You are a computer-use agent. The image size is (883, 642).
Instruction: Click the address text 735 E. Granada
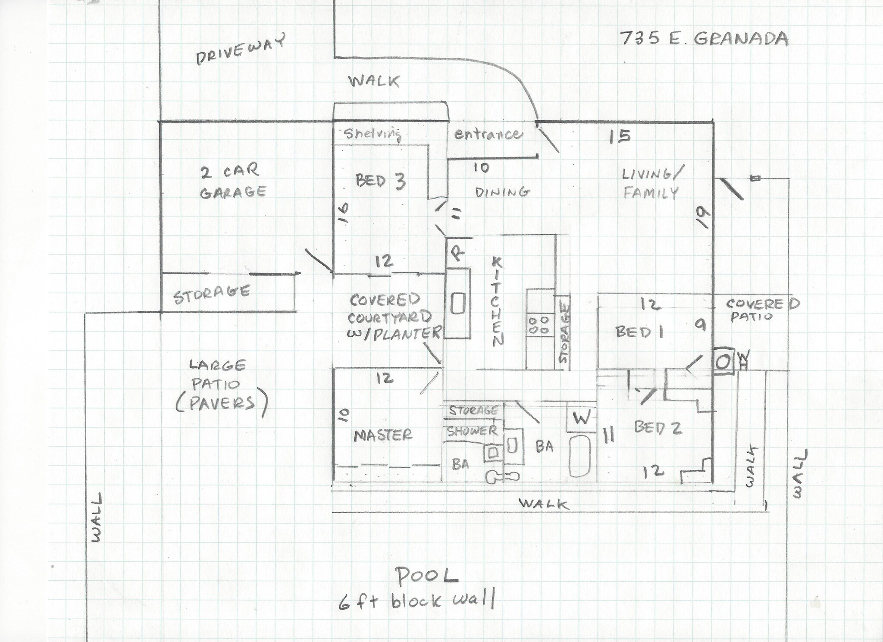point(704,39)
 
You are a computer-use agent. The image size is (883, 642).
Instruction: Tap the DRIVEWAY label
point(241,50)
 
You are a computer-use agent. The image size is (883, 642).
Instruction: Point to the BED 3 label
point(381,181)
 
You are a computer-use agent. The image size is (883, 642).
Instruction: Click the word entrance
point(487,135)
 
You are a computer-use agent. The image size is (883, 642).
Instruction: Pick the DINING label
point(502,192)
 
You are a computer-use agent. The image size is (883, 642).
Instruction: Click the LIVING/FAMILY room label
point(652,183)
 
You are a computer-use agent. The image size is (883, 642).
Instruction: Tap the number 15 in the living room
point(620,136)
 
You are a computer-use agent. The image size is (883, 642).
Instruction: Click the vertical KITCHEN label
point(497,302)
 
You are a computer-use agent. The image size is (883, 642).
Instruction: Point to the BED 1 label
point(639,332)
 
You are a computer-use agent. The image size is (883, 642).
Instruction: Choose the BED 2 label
point(658,427)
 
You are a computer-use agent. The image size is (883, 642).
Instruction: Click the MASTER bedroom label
point(383,435)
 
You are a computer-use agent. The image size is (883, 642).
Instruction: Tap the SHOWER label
point(472,431)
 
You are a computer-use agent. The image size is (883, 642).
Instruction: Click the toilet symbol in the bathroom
point(502,476)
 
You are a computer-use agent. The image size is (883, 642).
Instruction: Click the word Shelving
point(373,134)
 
